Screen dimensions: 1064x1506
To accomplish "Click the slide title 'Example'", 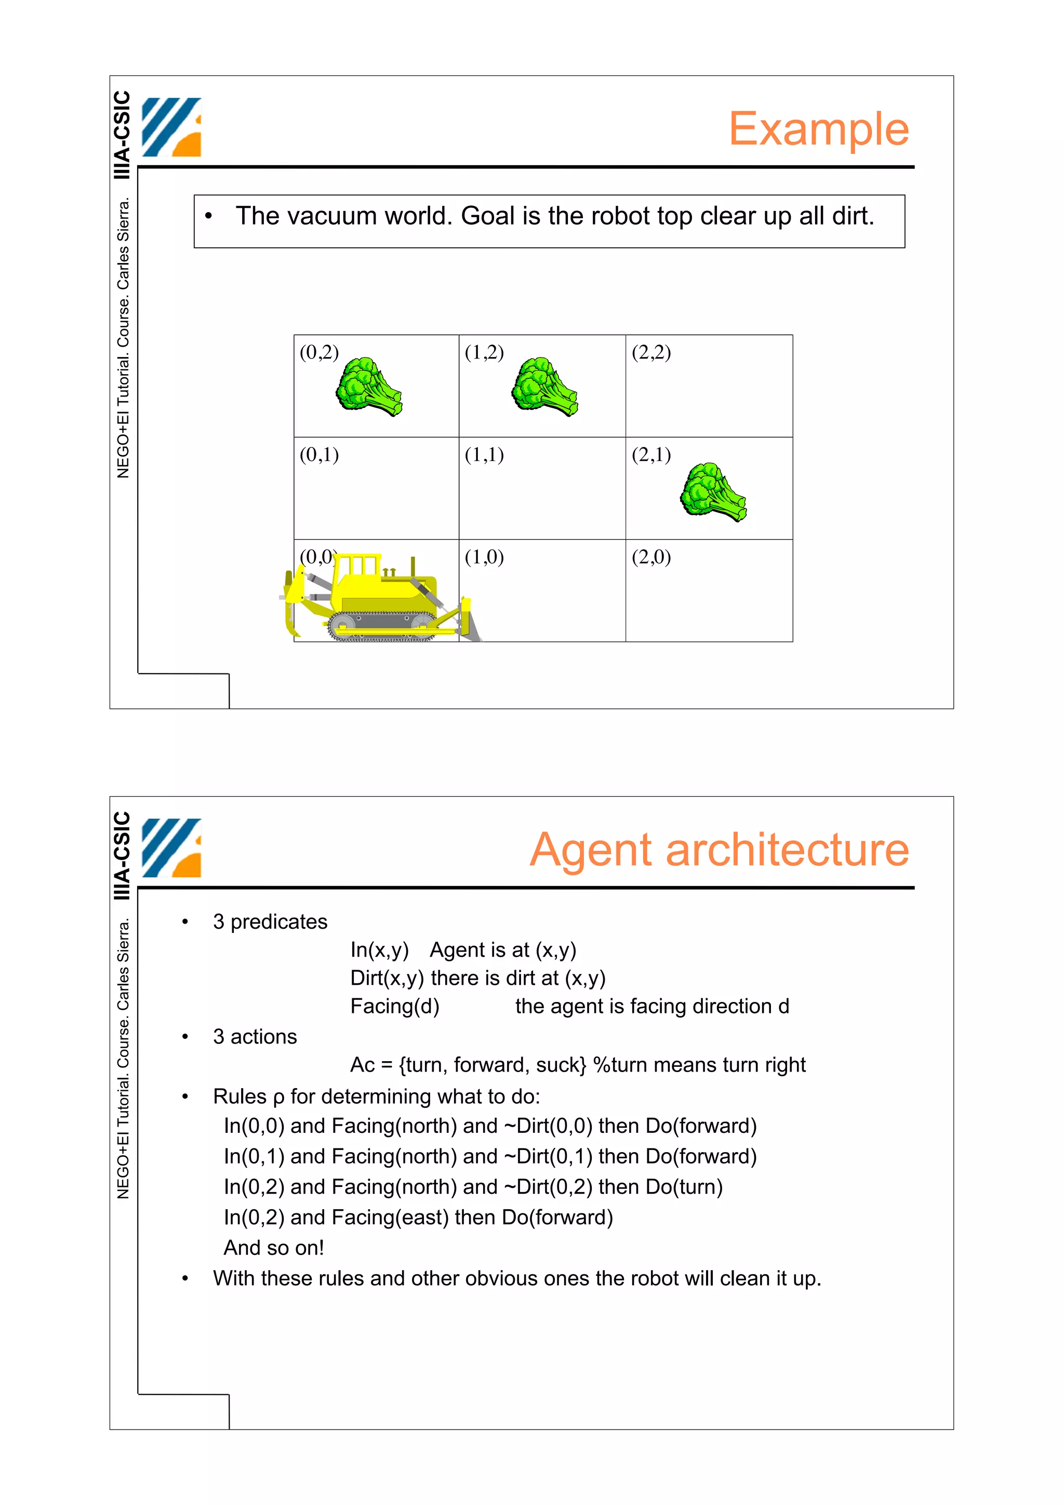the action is [818, 129].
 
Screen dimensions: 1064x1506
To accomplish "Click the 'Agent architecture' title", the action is [719, 850].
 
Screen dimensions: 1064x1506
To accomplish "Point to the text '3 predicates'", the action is [270, 922].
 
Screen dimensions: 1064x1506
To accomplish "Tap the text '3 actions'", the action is [255, 1037].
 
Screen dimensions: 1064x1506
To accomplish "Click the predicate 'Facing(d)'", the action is [395, 1006].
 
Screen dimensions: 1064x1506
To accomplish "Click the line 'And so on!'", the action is [274, 1248].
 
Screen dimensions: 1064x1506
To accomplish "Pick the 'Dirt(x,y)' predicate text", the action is [387, 978].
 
